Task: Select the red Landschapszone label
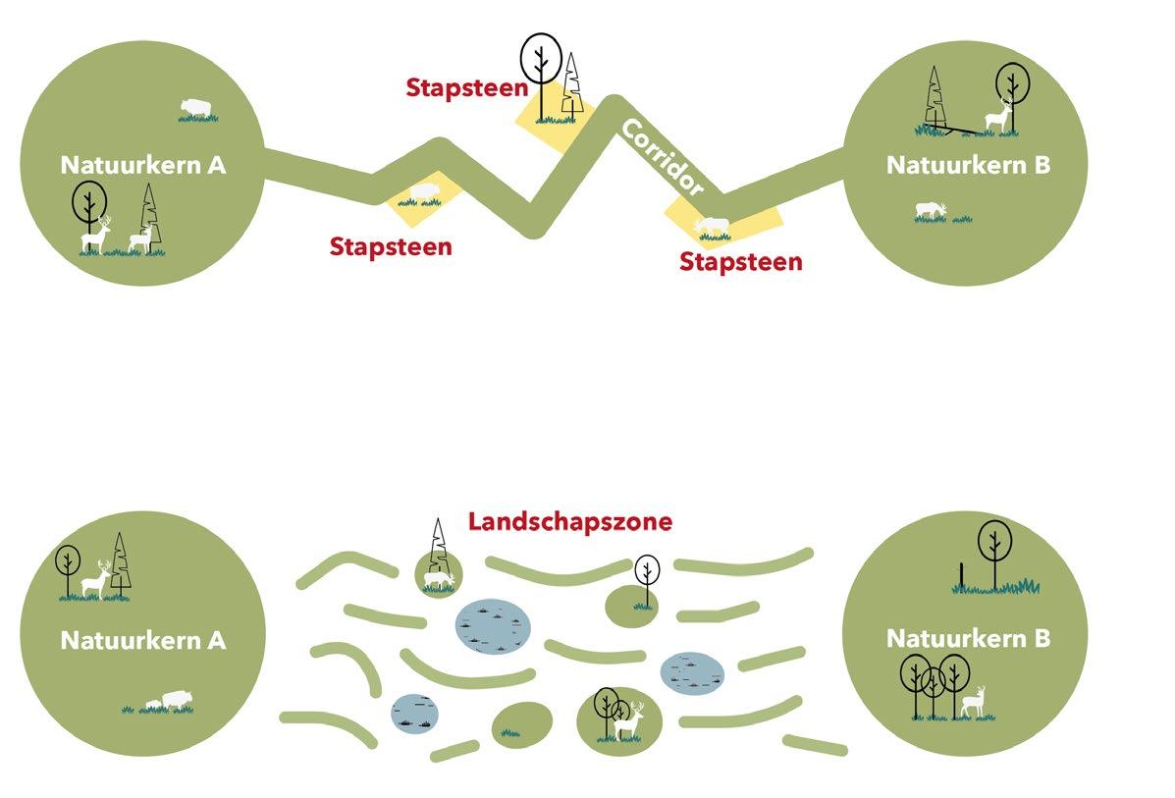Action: coord(569,521)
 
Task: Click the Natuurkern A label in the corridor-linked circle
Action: coord(143,165)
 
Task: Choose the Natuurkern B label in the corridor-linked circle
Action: coord(968,165)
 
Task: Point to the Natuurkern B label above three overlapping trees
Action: coord(968,639)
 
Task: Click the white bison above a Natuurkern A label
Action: coord(197,107)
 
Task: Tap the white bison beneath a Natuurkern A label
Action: coord(173,699)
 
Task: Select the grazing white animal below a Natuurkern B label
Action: coord(930,210)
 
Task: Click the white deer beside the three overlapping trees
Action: coord(973,700)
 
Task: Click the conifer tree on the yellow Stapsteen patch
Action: coord(572,83)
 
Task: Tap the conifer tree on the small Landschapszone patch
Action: coord(439,555)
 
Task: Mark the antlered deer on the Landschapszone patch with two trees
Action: coord(629,720)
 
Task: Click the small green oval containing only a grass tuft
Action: coord(520,722)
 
